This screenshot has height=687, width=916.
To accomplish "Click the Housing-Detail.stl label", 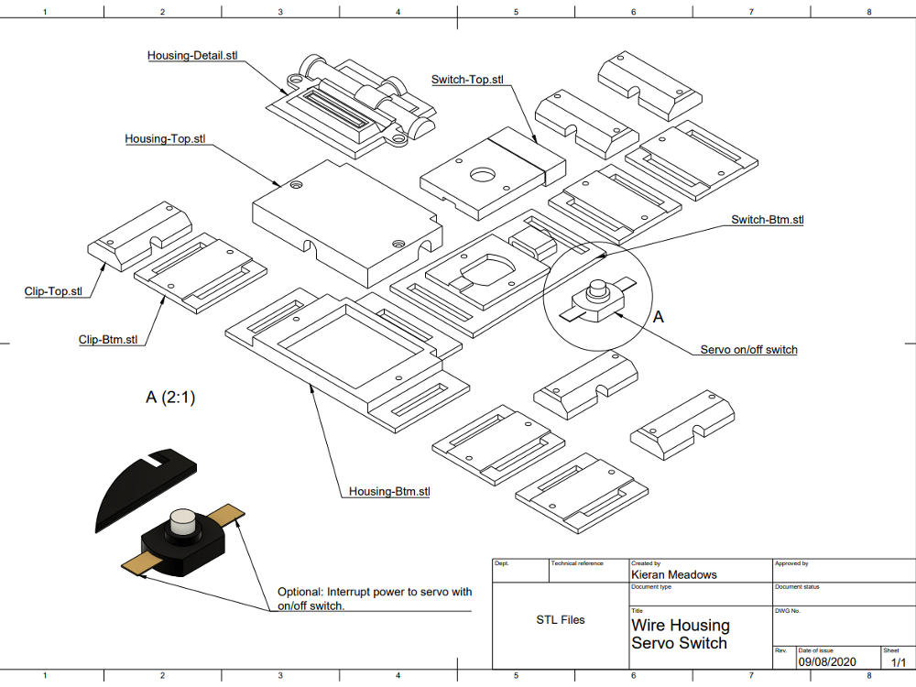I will (x=192, y=56).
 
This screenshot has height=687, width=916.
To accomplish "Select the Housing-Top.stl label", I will (x=165, y=139).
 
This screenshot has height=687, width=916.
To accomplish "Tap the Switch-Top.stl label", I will (x=467, y=80).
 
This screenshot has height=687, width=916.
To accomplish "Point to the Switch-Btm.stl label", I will (x=767, y=220).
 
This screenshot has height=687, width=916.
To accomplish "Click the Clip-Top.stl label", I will (x=52, y=292).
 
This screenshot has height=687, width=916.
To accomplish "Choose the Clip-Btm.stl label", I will (x=108, y=340).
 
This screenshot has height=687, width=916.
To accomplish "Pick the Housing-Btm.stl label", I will (x=389, y=492).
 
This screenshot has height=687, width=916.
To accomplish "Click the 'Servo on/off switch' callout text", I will (x=748, y=350).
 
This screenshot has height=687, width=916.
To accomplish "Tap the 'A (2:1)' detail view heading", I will (x=170, y=398).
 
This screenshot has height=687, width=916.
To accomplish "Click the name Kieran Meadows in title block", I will (x=674, y=574).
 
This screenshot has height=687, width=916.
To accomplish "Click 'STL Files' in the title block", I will (x=561, y=620).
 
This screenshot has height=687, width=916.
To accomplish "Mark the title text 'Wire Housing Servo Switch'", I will (x=681, y=634).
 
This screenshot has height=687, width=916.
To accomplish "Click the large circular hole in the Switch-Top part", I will (x=482, y=175).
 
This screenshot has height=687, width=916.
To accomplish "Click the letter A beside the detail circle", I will (x=658, y=317).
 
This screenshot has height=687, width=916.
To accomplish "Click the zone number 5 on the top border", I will (x=516, y=12).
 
